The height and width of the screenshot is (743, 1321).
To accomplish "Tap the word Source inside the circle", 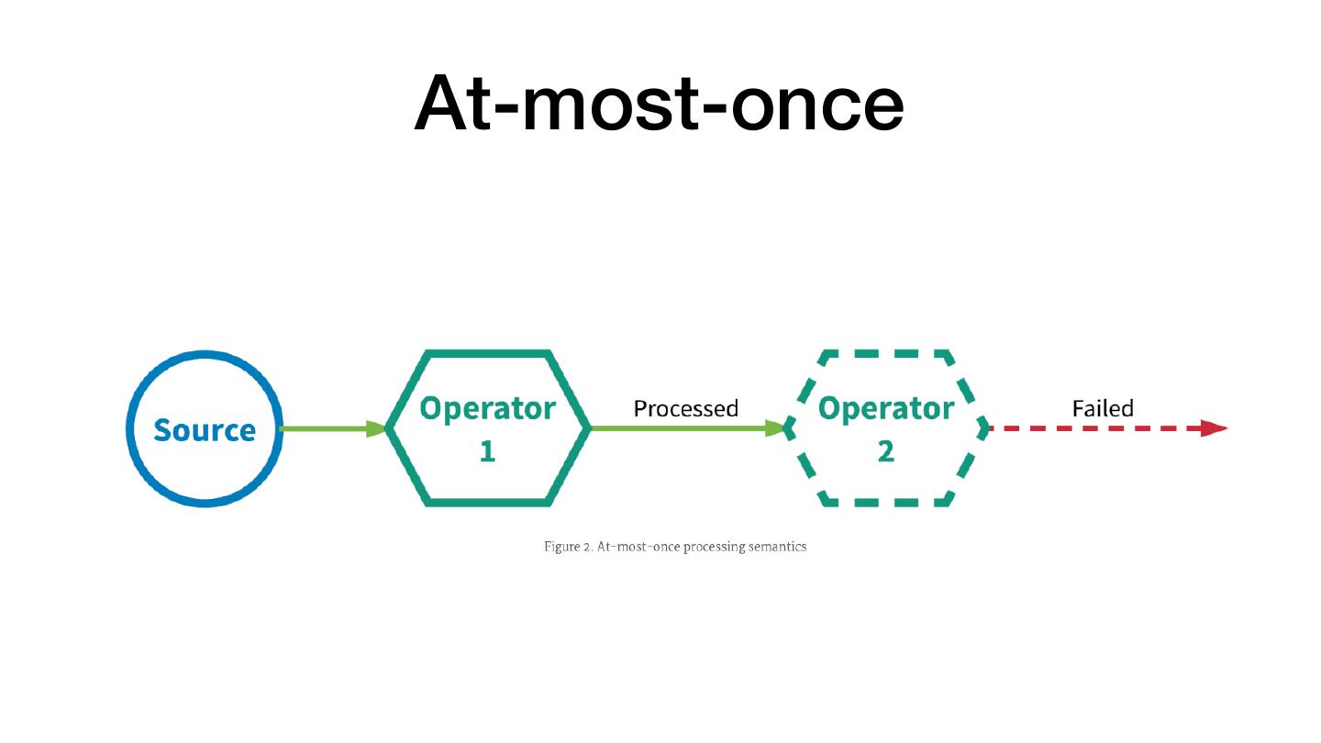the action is pos(205,429).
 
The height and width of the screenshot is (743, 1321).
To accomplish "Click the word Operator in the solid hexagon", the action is pos(487,408).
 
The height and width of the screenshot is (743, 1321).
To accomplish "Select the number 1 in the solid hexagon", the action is pos(487,451).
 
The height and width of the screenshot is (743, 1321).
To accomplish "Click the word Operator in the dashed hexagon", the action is pos(885,408).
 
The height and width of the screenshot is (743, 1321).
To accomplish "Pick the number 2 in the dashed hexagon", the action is pos(885,451).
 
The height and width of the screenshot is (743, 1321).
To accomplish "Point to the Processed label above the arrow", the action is pos(685,408).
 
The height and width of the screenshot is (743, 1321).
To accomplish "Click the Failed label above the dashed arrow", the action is pos(1103,408).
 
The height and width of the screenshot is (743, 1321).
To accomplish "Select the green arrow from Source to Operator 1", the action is pos(326,428).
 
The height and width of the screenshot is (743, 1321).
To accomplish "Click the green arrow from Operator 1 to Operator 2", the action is pos(679,428).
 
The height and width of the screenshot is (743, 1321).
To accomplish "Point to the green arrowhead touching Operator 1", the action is pos(376,428).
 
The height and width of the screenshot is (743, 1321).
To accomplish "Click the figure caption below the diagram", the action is pos(675,547).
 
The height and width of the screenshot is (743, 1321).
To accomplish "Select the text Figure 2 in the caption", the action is pos(568,547).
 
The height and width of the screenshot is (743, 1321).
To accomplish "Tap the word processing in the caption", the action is pos(712,547).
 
